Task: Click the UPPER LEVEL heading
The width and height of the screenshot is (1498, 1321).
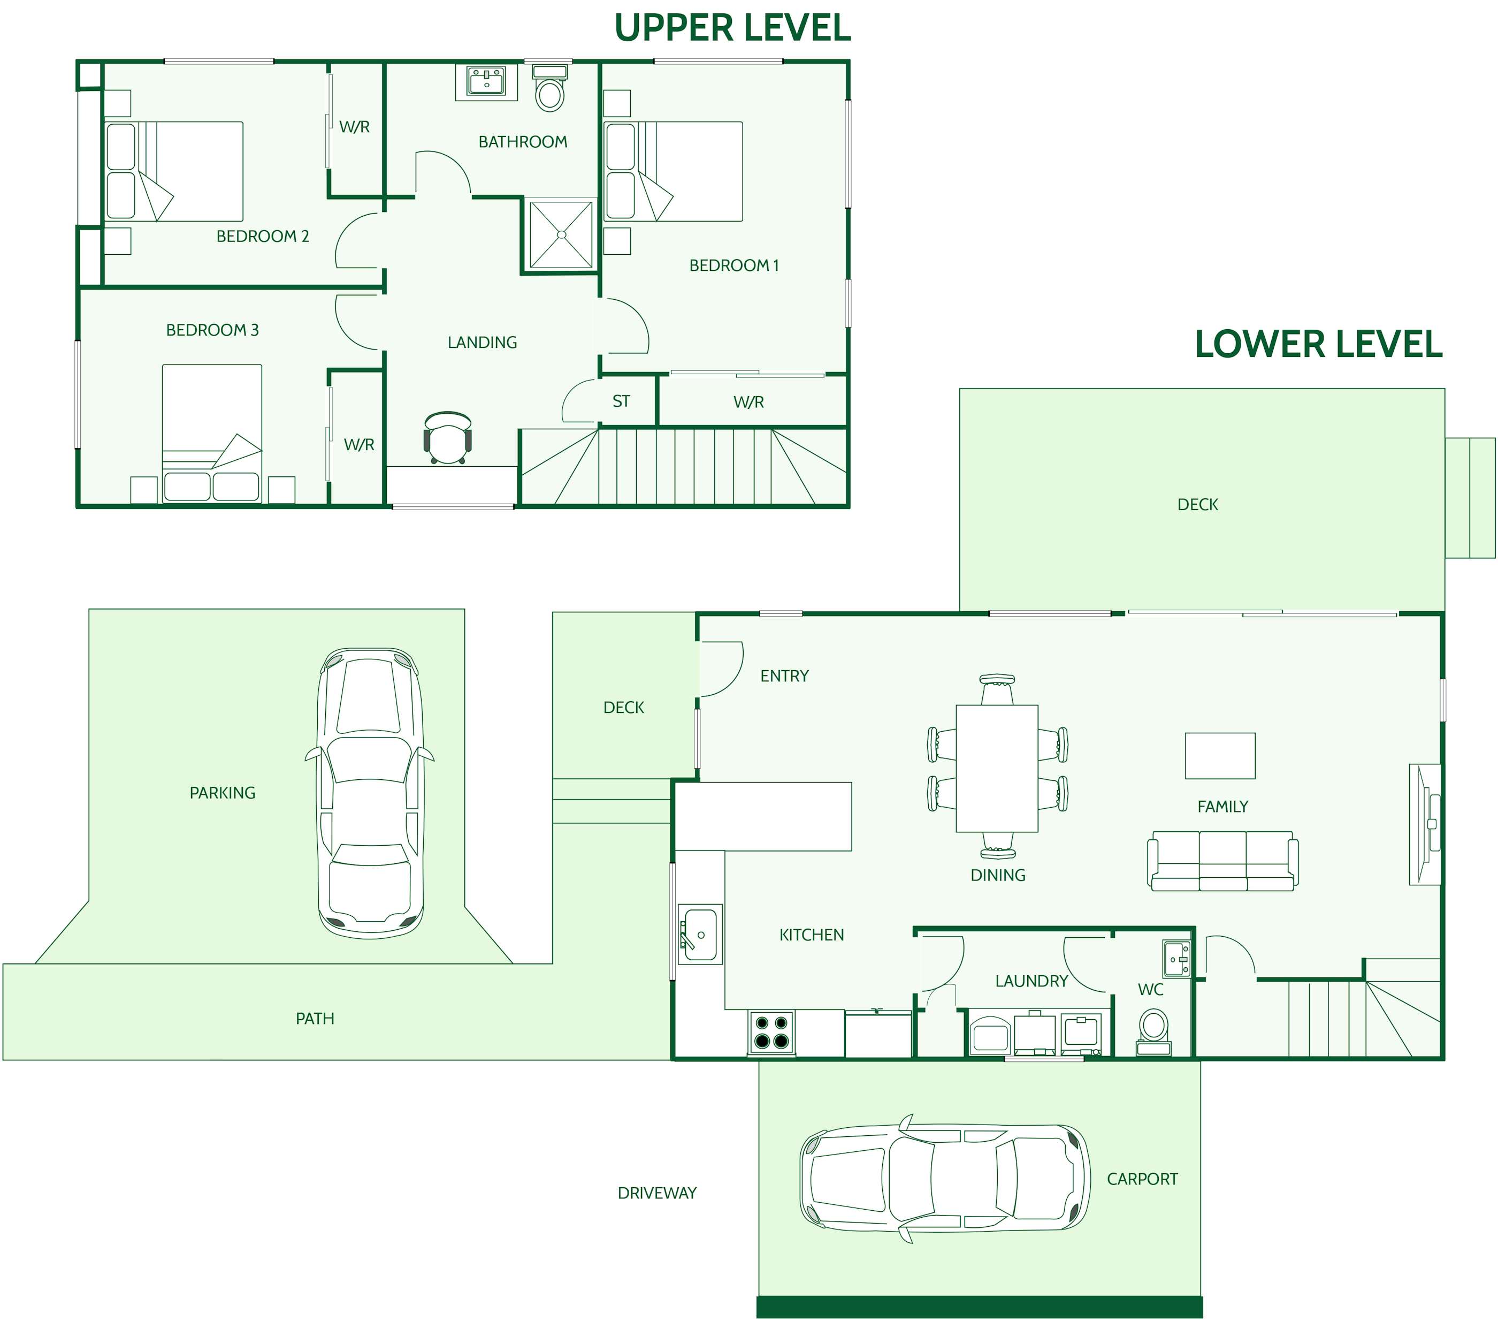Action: pyautogui.click(x=732, y=28)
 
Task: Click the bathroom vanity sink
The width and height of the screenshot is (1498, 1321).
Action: pyautogui.click(x=487, y=81)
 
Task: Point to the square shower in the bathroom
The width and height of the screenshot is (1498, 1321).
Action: pyautogui.click(x=561, y=234)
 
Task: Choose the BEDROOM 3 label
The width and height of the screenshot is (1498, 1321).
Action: pyautogui.click(x=212, y=330)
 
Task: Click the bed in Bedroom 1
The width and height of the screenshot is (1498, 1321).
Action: pyautogui.click(x=674, y=171)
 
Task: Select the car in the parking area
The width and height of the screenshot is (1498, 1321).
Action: pyautogui.click(x=370, y=793)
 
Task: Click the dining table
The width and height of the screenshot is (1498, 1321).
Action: pyautogui.click(x=997, y=768)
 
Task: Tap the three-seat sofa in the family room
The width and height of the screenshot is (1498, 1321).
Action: pyautogui.click(x=1222, y=861)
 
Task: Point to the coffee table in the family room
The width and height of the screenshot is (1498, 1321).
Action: pyautogui.click(x=1220, y=756)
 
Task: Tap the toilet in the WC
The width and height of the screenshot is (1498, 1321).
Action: pyautogui.click(x=1153, y=1031)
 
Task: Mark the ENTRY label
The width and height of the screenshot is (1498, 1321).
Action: pyautogui.click(x=784, y=676)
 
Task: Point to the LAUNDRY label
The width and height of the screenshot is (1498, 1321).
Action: pyautogui.click(x=1031, y=981)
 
